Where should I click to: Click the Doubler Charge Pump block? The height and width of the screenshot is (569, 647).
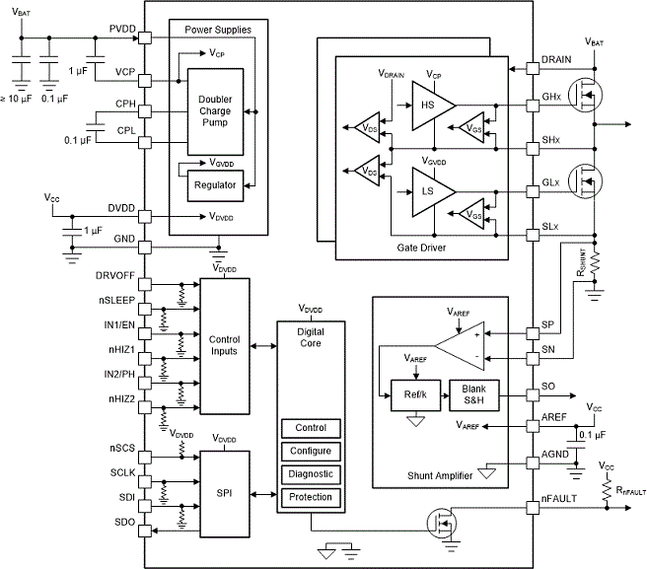click(x=215, y=111)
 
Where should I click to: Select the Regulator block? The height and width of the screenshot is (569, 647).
click(x=215, y=185)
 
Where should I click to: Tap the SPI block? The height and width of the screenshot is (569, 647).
click(x=225, y=493)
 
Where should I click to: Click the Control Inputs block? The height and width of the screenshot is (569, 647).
click(x=225, y=346)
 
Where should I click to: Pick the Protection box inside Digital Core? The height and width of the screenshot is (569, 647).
click(x=311, y=497)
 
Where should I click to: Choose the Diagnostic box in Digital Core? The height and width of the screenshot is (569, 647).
click(x=311, y=474)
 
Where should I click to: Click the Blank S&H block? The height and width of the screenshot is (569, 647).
click(x=474, y=395)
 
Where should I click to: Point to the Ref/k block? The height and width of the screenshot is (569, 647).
click(x=415, y=395)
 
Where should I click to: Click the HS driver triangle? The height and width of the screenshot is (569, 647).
click(x=431, y=106)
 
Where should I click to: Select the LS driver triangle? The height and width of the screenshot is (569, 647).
click(x=431, y=192)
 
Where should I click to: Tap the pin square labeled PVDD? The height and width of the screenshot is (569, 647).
click(x=145, y=37)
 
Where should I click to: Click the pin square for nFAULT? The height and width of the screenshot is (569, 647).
click(x=533, y=508)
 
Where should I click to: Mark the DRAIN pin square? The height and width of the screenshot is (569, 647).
click(x=533, y=68)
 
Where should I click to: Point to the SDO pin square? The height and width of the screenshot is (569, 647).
click(x=145, y=531)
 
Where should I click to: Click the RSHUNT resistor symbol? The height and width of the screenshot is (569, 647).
click(x=595, y=263)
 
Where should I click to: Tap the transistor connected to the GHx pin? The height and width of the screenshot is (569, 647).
click(x=585, y=96)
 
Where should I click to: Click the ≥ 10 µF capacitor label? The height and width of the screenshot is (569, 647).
click(x=16, y=99)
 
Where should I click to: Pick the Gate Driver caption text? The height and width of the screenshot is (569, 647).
click(x=421, y=248)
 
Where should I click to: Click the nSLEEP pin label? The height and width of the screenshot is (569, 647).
click(x=116, y=301)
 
